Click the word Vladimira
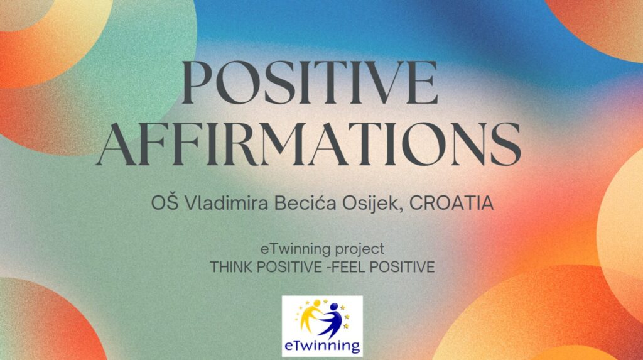(226, 203)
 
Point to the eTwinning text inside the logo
(322, 346)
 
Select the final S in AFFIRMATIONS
(506, 144)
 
